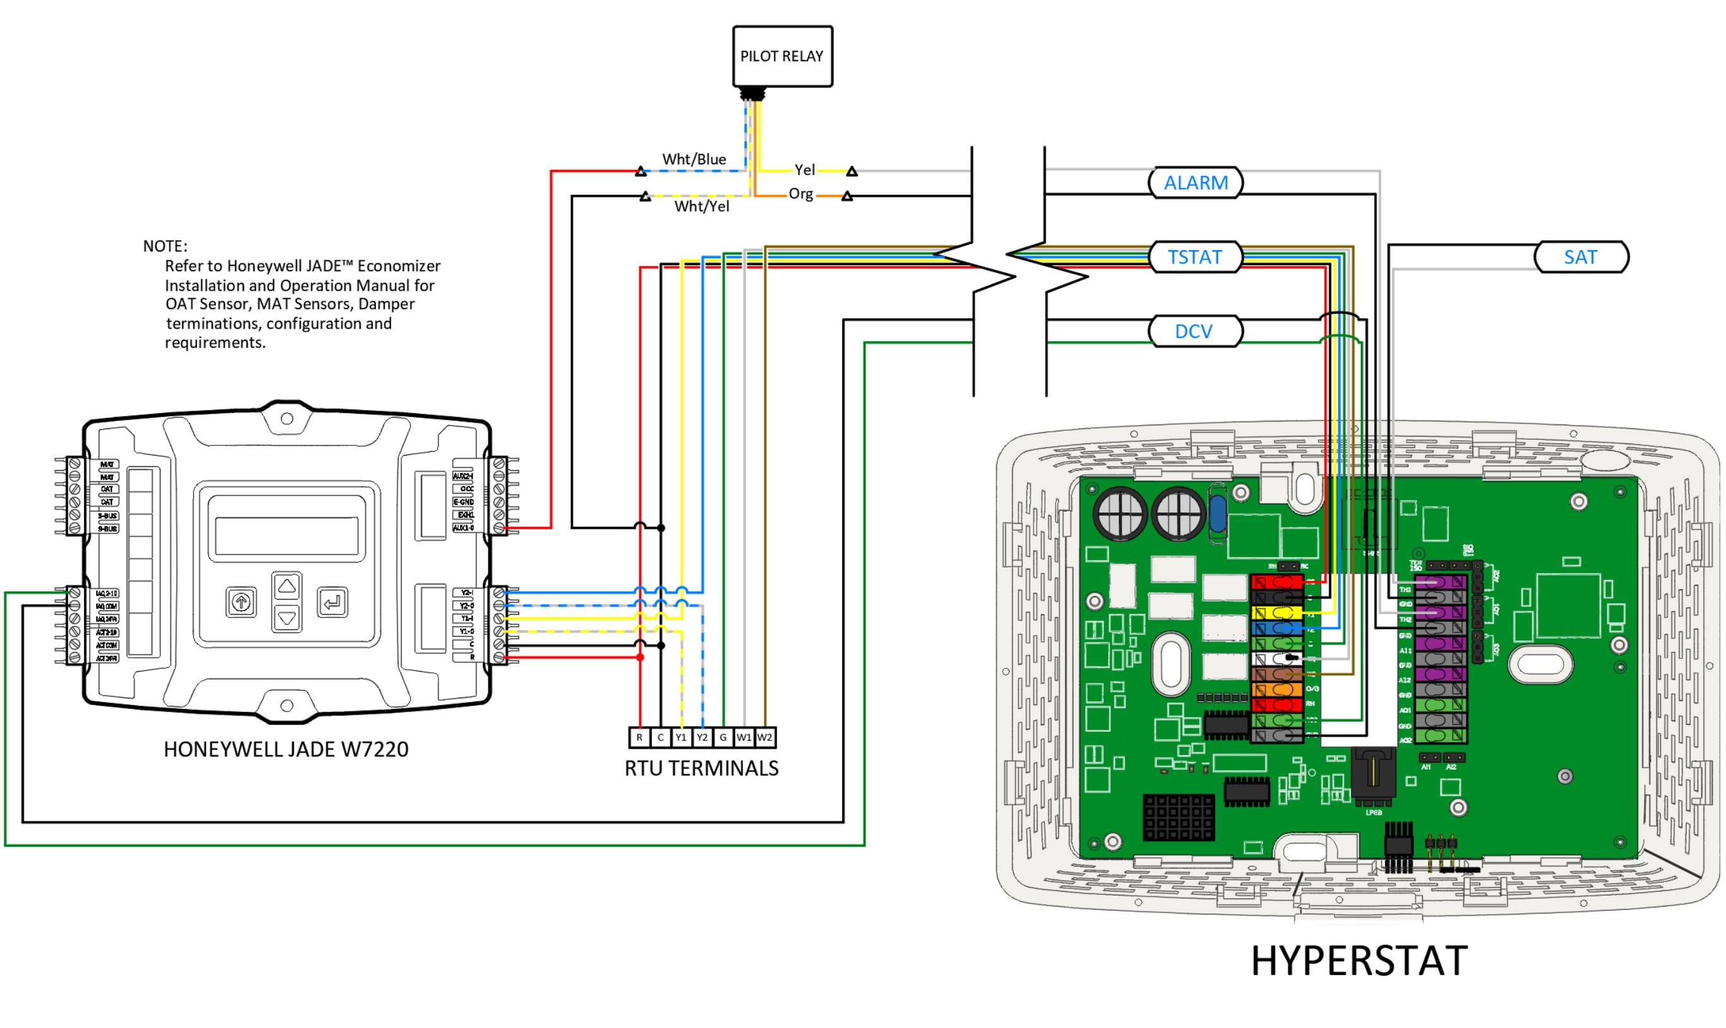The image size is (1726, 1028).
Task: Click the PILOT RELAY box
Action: (782, 56)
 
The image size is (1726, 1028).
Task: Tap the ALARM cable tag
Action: (1195, 183)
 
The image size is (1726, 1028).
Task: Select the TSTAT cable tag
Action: (1195, 257)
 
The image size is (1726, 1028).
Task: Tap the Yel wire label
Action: (804, 170)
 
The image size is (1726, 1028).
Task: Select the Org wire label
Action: (800, 194)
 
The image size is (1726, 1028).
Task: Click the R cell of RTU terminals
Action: (639, 738)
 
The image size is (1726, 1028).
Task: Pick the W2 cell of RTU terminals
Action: (764, 738)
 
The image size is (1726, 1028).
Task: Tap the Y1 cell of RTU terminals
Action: (681, 738)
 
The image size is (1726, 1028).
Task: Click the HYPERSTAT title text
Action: (1358, 962)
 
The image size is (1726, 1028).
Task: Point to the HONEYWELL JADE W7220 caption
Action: (286, 749)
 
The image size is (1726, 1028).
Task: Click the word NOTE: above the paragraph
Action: (165, 246)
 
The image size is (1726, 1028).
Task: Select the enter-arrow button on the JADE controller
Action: (332, 602)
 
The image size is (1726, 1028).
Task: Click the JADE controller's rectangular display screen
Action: (287, 535)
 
